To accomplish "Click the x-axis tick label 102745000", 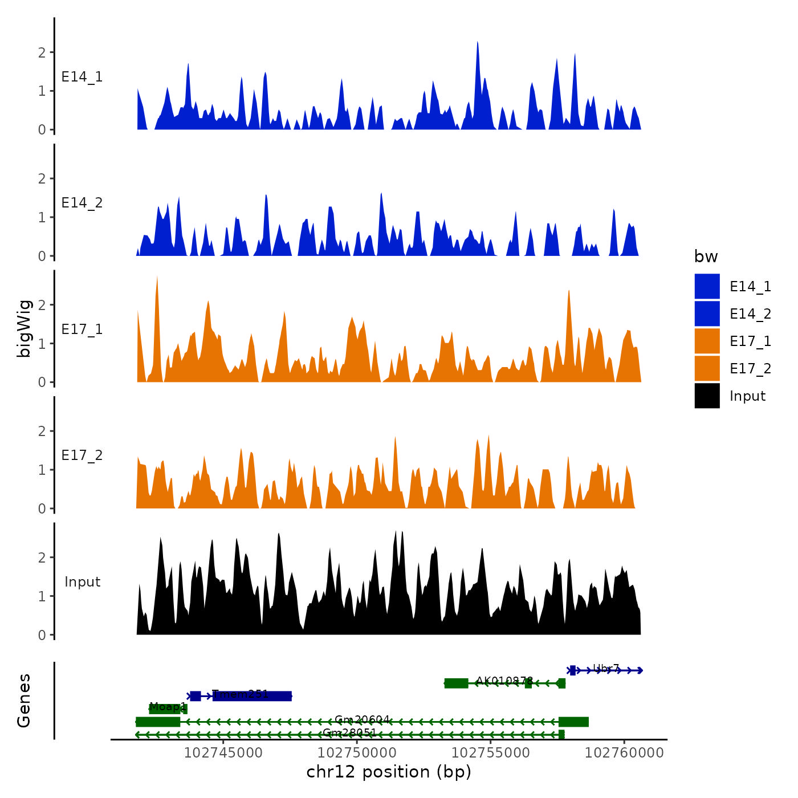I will click(x=223, y=753).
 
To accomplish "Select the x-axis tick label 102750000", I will click(x=357, y=753).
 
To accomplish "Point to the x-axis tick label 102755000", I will click(x=491, y=753).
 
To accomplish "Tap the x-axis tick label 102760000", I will click(x=624, y=753).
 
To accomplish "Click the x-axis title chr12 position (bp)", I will click(x=389, y=772).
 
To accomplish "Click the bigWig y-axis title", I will click(x=24, y=328).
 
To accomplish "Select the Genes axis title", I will click(x=24, y=701).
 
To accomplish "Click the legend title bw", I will click(x=706, y=257).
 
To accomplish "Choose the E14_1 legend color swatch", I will click(x=707, y=286).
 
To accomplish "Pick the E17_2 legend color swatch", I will click(x=707, y=368).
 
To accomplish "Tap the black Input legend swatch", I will click(x=707, y=396).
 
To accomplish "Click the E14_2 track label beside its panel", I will click(x=82, y=203).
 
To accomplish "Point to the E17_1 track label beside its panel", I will click(x=82, y=329).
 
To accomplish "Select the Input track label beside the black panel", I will click(x=82, y=582).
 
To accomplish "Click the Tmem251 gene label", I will click(x=240, y=694).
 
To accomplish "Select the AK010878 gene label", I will click(x=504, y=681).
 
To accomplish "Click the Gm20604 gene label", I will click(x=362, y=720).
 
